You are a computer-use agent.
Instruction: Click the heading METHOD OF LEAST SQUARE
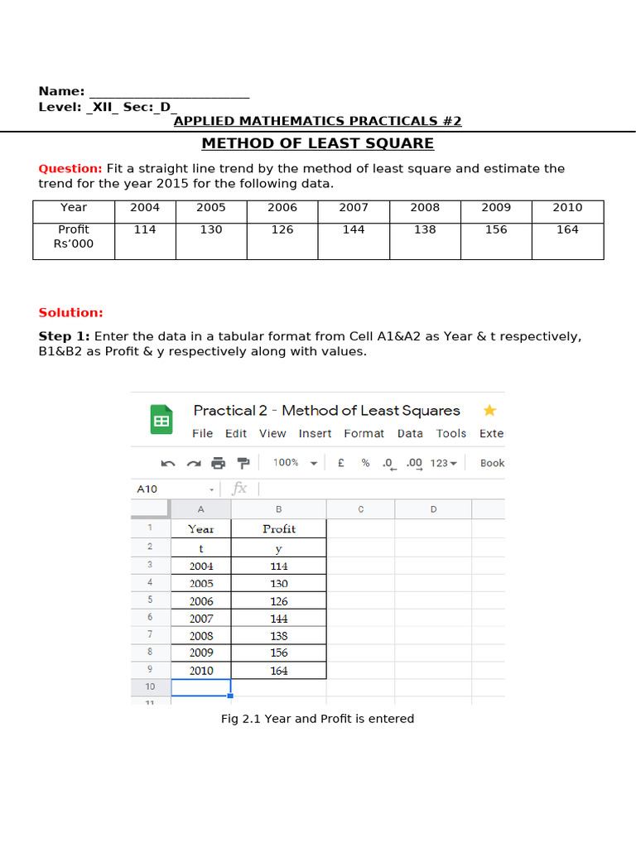317,143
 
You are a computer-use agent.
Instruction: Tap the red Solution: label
70,312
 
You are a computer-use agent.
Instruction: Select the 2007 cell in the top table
354,208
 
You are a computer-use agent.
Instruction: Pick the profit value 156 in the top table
496,229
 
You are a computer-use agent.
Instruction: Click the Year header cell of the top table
74,208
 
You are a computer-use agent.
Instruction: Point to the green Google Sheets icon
161,420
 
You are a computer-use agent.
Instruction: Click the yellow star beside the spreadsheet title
489,410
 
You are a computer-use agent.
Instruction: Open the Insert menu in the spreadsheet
315,433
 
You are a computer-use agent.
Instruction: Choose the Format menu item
364,433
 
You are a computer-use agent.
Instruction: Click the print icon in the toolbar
218,463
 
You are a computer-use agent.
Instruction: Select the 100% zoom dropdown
295,463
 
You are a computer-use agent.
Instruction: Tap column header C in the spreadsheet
360,509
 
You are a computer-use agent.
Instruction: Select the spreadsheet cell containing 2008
201,636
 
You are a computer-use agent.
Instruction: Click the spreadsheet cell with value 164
279,671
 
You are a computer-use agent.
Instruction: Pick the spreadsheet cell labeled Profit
279,528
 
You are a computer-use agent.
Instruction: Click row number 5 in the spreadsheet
150,600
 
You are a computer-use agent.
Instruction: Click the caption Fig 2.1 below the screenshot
317,719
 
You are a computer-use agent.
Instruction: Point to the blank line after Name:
169,91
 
